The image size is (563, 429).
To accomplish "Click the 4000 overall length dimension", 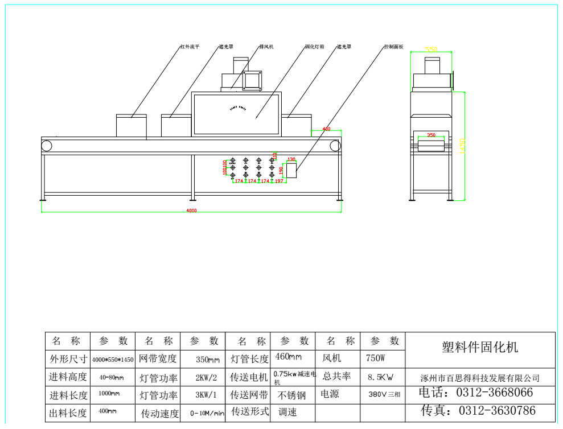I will tap(191, 211).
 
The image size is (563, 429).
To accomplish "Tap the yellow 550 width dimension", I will tap(432, 50).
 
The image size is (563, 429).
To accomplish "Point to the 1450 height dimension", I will tap(463, 146).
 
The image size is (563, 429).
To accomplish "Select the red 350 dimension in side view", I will tap(431, 135).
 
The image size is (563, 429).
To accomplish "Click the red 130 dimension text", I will tap(291, 160).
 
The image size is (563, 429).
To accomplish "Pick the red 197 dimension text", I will tap(279, 181).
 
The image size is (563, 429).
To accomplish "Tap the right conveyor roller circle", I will tap(335, 146).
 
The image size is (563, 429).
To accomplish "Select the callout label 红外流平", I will tap(190, 47).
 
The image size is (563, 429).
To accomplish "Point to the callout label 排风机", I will tap(266, 47).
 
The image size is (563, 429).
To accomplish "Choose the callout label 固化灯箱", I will tap(314, 47).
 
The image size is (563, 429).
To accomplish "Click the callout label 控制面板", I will tap(393, 47).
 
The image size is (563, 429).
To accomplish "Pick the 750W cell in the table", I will tap(376, 358).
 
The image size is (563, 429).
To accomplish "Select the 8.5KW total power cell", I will tap(380, 377).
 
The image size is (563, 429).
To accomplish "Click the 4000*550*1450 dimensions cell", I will tap(113, 360).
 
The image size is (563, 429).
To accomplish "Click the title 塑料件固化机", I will tap(480, 347).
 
